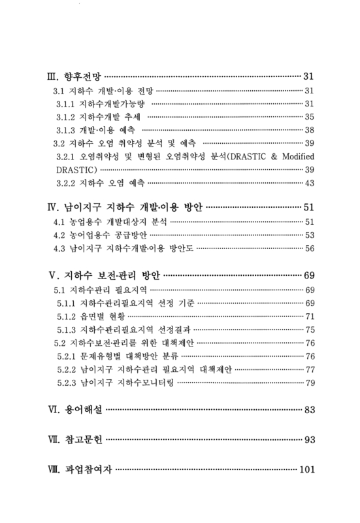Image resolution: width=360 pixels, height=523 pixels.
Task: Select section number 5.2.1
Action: pyautogui.click(x=66, y=356)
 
